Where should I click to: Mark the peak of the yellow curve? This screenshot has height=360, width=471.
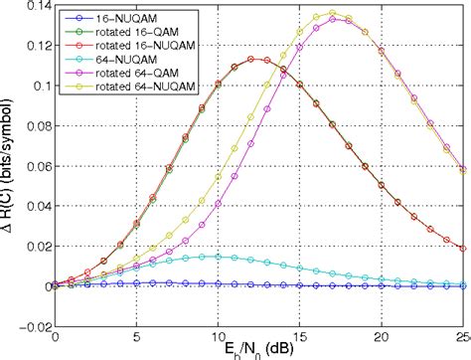pyautogui.click(x=332, y=13)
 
